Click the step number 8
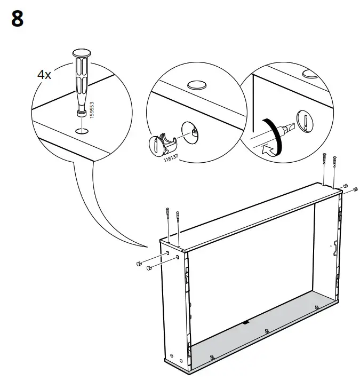(x=17, y=19)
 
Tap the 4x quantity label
(x=44, y=75)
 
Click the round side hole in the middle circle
(x=190, y=131)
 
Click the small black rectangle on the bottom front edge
(x=246, y=322)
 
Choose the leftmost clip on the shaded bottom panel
(x=212, y=357)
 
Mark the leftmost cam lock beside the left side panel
(x=139, y=264)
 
